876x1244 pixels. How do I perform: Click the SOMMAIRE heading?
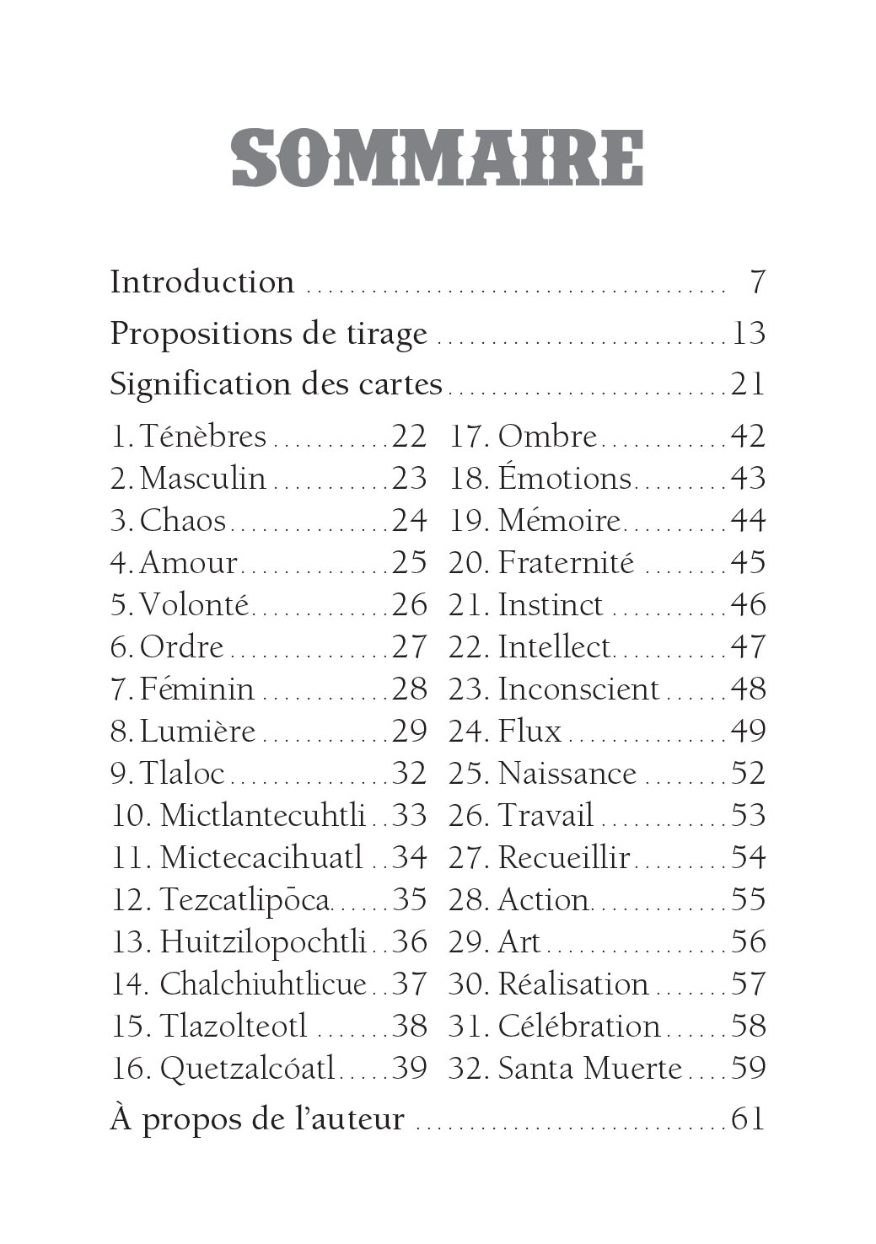[x=438, y=158]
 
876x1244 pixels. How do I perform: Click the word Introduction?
[x=202, y=282]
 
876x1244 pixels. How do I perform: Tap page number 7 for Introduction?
[x=757, y=282]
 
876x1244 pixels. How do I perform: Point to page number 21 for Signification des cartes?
[x=748, y=384]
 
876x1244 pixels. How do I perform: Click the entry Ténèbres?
[x=202, y=437]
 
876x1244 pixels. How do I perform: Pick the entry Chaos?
[x=183, y=521]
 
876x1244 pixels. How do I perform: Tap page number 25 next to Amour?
[x=410, y=563]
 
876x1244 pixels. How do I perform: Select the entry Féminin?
[x=196, y=689]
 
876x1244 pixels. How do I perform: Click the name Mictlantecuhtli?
[x=262, y=816]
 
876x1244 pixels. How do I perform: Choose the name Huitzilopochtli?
[x=263, y=942]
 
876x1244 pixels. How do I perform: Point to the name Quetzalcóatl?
[x=248, y=1069]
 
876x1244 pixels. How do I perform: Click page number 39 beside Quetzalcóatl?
[x=410, y=1069]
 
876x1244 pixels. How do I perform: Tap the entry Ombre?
[x=547, y=437]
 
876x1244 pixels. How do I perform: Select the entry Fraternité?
[x=566, y=563]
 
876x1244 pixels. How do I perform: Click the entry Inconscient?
[x=578, y=689]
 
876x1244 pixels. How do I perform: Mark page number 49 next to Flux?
[x=748, y=732]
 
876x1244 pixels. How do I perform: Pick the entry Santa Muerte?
[x=589, y=1069]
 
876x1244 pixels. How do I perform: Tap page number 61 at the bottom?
[x=748, y=1120]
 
